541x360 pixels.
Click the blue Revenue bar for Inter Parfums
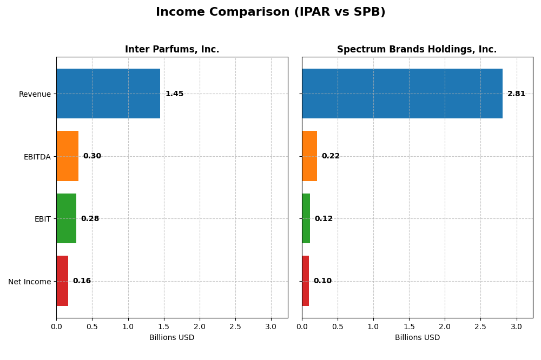click(108, 94)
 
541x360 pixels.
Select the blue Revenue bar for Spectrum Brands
click(402, 94)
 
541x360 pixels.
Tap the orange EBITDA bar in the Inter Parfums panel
click(67, 156)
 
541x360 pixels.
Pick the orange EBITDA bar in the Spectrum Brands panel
click(309, 156)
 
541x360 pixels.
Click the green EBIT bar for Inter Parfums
click(66, 218)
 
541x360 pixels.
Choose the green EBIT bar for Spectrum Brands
click(306, 218)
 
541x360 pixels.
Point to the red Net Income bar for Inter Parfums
click(62, 281)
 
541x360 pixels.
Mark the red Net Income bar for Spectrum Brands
click(305, 281)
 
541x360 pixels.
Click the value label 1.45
click(174, 94)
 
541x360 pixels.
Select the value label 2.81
click(516, 94)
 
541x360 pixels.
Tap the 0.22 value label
click(331, 156)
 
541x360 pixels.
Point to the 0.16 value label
click(82, 281)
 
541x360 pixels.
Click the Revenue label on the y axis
click(35, 94)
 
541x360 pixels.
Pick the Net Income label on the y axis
click(29, 282)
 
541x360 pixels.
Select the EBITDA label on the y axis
click(37, 157)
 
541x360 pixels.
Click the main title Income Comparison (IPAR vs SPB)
click(270, 12)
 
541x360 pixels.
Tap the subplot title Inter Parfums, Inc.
click(172, 50)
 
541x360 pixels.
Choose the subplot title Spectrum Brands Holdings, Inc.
click(417, 50)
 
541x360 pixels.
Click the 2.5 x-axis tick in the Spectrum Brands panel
click(480, 326)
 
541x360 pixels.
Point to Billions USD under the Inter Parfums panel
click(172, 338)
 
